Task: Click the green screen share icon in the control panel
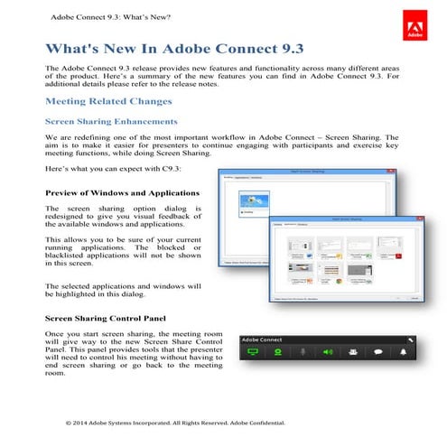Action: pos(253,353)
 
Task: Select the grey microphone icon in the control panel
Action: pos(303,353)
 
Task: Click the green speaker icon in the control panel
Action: pos(328,353)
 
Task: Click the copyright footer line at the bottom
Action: pos(176,422)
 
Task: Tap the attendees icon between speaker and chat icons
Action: pos(354,353)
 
